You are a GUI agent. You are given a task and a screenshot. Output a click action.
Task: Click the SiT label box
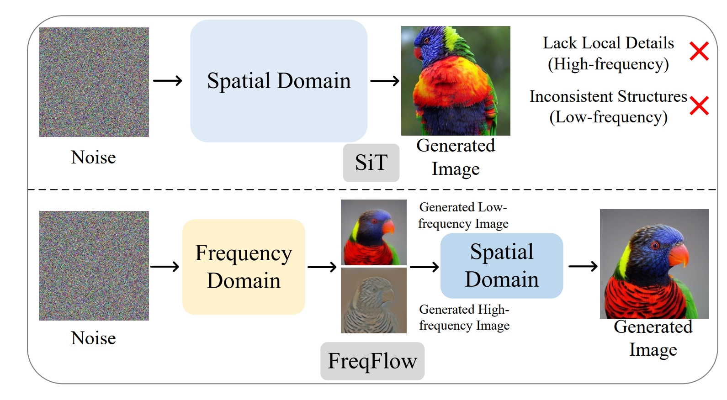pos(371,163)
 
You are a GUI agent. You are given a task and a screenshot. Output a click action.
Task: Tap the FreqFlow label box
pos(372,361)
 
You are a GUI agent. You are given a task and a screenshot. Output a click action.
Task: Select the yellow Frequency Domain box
pos(244,267)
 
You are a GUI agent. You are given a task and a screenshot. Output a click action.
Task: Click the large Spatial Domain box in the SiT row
pos(279,81)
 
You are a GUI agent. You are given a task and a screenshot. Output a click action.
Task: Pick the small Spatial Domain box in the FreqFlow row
pos(501,266)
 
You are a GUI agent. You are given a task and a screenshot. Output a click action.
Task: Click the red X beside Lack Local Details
pos(699,51)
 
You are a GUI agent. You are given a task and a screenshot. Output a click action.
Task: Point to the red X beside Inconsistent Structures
pos(699,105)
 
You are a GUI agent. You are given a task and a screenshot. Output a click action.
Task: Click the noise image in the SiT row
pos(94,82)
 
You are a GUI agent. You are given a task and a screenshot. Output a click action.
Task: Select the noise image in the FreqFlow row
pos(94,266)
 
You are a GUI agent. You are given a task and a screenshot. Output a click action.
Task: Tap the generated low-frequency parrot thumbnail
pos(374,232)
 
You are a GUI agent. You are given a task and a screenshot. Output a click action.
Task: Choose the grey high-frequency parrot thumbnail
pos(374,300)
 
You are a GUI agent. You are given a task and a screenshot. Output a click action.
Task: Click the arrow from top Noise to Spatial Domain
pos(168,81)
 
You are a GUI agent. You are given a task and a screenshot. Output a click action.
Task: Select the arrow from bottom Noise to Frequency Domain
pos(165,267)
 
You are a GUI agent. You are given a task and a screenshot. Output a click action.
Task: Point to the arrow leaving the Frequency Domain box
pos(322,267)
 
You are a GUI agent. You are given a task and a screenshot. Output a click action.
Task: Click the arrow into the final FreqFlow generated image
pos(583,266)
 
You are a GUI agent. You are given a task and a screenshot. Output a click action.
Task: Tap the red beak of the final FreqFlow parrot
pos(679,256)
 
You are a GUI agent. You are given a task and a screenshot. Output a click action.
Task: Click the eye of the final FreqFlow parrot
pos(655,246)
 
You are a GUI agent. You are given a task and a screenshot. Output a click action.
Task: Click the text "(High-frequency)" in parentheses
pos(608,64)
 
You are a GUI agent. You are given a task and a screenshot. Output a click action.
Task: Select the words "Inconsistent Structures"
pos(608,97)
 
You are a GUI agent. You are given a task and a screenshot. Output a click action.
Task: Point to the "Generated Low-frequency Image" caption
pos(463,216)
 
